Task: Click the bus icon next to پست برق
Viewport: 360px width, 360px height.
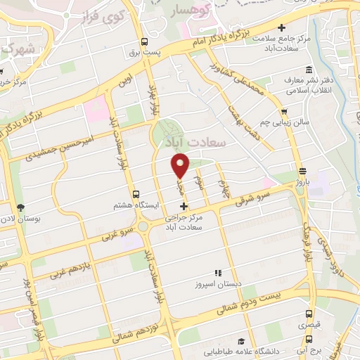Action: (144, 41)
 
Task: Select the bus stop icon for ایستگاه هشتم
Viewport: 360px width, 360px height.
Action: (136, 194)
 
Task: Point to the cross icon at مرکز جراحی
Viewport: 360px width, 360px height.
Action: (184, 206)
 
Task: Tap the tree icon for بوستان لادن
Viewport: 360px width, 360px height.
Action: (20, 208)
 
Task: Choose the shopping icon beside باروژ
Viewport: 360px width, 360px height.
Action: (302, 171)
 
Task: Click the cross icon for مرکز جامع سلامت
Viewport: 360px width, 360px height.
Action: (282, 27)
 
